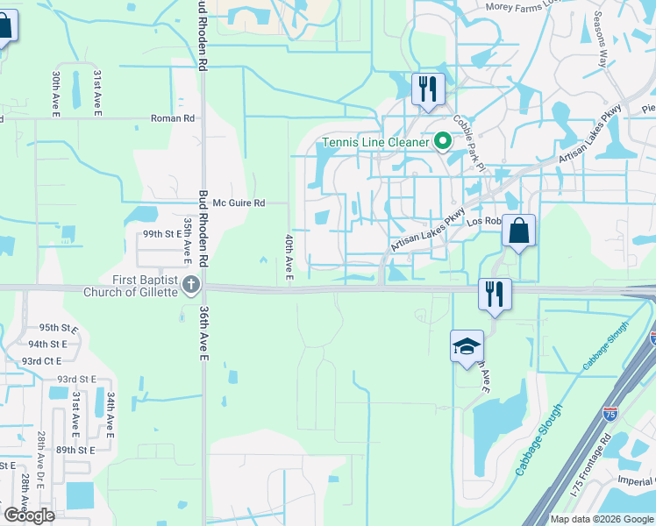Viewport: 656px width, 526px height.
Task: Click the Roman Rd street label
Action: tap(173, 118)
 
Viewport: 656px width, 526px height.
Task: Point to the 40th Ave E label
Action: tap(289, 257)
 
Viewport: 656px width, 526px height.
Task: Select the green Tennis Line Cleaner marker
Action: tap(444, 141)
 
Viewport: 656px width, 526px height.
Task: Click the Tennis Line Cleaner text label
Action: tap(375, 142)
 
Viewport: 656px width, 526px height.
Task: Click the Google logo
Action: tap(29, 515)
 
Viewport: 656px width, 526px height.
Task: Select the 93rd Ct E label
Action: tap(42, 361)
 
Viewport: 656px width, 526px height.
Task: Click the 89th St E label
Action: tap(75, 450)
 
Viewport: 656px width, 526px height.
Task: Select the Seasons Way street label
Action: tap(601, 39)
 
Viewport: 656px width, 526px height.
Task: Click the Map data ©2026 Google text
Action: tap(602, 518)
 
